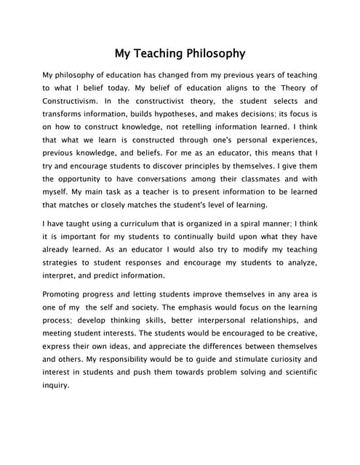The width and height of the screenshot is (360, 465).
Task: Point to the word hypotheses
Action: tap(184, 114)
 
